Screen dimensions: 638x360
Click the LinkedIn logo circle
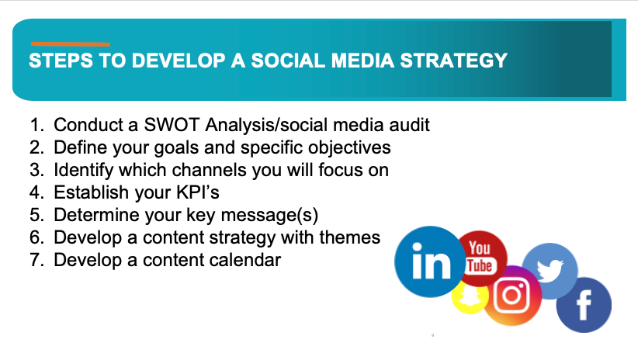point(430,261)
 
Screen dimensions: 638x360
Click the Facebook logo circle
point(584,305)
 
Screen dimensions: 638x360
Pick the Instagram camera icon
point(511,296)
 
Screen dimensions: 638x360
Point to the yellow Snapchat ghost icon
point(469,296)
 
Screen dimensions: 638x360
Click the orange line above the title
point(71,44)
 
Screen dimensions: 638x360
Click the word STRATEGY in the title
point(454,61)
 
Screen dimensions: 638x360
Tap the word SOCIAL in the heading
point(289,61)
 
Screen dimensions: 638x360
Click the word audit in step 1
point(409,125)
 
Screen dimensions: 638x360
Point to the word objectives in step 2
point(349,147)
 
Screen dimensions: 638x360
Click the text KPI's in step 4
point(198,192)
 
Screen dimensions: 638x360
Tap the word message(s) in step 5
point(269,215)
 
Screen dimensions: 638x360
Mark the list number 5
point(36,215)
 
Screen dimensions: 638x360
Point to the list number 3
point(36,170)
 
